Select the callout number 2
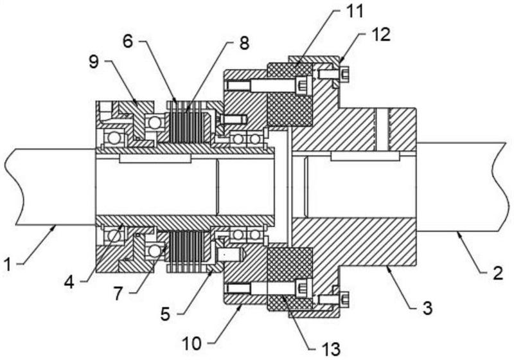coord(498,273)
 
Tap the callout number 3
coord(427,308)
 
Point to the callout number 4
coord(69,282)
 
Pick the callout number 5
coord(165,314)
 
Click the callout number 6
coord(128,41)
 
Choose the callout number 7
coord(118,293)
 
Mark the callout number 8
coord(244,42)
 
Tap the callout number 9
coord(94,61)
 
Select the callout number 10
coord(191,344)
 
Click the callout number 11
coord(355,11)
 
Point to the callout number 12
coord(380,35)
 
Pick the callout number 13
coord(331,350)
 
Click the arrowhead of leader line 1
coord(56,226)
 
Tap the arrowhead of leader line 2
coord(457,233)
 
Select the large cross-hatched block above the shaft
coord(290,109)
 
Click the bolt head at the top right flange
coord(344,74)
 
